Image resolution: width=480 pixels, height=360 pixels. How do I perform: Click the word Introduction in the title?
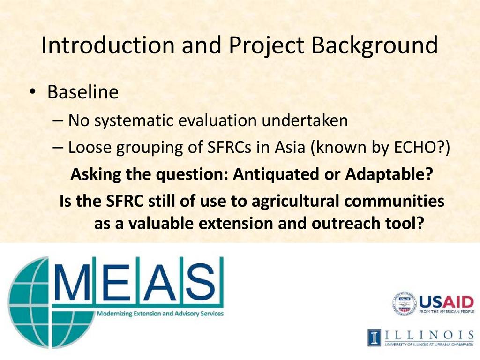click(108, 45)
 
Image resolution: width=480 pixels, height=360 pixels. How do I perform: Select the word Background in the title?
click(374, 46)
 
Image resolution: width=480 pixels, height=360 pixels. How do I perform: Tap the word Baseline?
click(82, 91)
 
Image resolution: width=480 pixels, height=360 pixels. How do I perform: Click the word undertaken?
click(305, 120)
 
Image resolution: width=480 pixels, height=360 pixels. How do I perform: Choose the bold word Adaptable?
click(389, 174)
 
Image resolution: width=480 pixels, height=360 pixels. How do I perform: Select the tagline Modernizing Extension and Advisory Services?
click(160, 314)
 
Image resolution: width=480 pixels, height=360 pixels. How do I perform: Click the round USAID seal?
click(405, 303)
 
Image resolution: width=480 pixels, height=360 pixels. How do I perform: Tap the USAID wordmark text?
click(446, 302)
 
